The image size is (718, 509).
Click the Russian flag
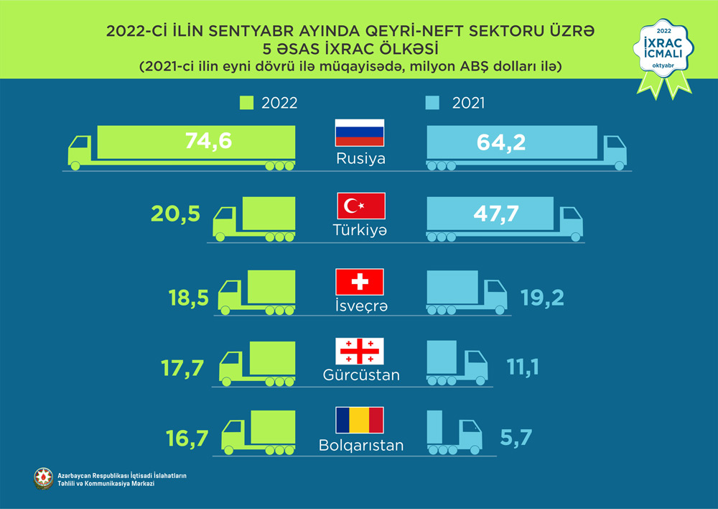(x=360, y=132)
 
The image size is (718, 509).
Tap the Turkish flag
(x=361, y=206)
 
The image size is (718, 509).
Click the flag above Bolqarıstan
(x=360, y=420)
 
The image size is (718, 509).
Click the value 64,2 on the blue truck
(x=500, y=142)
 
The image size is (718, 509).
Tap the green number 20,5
(x=174, y=214)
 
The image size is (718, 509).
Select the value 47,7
(x=493, y=214)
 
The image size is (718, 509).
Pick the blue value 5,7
(x=520, y=436)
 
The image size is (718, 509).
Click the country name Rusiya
(x=360, y=158)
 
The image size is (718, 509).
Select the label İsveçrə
(x=360, y=306)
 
